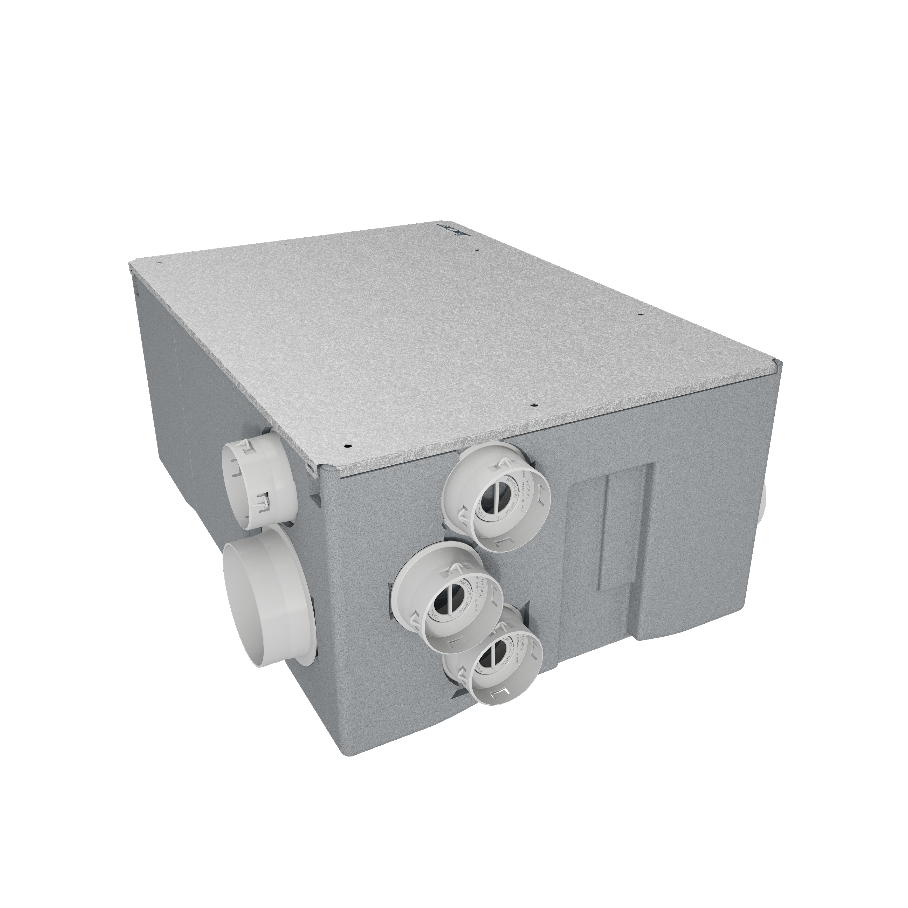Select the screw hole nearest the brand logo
477,251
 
